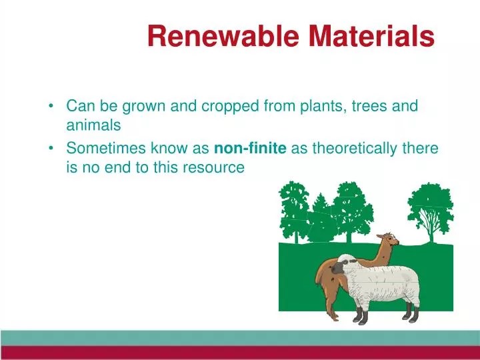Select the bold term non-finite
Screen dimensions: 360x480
click(250, 148)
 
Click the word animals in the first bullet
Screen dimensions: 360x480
click(93, 125)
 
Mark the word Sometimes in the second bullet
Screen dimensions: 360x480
click(102, 148)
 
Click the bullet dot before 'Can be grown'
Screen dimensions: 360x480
click(52, 106)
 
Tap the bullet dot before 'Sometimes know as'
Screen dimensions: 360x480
click(52, 149)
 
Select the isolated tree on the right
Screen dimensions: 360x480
click(430, 210)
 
